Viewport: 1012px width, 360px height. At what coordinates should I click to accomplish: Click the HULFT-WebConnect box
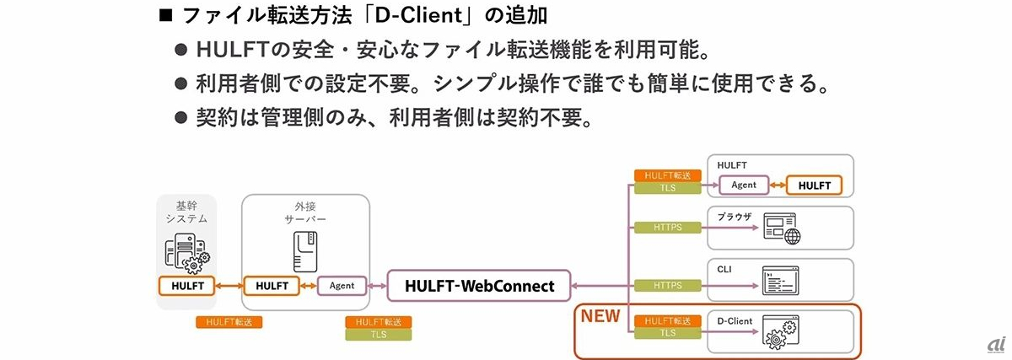(x=478, y=286)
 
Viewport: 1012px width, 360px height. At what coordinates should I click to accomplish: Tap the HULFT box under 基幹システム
(x=187, y=285)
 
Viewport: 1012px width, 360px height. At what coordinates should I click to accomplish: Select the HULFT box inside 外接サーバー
(x=272, y=285)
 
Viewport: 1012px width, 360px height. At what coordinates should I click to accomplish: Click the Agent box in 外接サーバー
(x=342, y=285)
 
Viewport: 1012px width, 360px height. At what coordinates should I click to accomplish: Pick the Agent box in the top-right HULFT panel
(x=743, y=185)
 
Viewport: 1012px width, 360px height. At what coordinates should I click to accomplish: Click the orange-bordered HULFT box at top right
(x=814, y=185)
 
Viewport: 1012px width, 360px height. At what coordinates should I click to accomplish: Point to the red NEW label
(x=600, y=317)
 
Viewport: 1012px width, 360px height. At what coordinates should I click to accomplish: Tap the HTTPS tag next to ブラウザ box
(x=667, y=227)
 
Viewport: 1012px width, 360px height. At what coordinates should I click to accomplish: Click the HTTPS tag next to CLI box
(x=667, y=286)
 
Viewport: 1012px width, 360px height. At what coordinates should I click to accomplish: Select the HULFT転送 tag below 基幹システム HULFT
(x=229, y=322)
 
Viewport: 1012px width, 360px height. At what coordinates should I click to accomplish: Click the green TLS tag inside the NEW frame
(x=667, y=332)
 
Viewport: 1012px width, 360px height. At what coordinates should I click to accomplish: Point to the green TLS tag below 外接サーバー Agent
(x=379, y=334)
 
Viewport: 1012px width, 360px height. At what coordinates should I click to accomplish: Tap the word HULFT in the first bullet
(x=225, y=50)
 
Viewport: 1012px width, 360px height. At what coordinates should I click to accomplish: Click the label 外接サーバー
(x=305, y=212)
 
